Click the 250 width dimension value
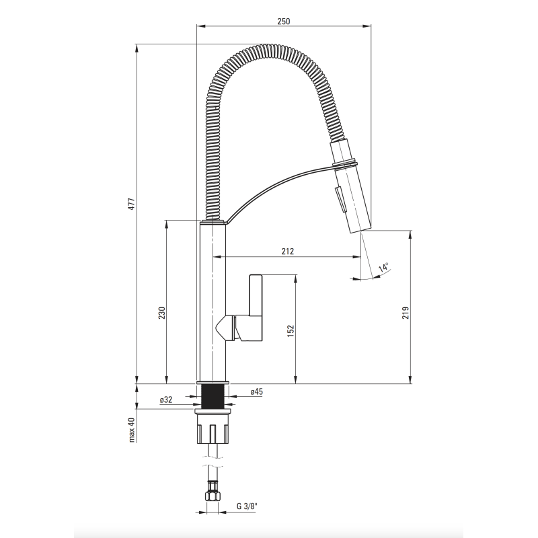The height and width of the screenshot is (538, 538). click(283, 22)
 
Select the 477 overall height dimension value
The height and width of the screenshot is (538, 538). click(132, 204)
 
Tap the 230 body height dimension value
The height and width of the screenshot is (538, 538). click(162, 313)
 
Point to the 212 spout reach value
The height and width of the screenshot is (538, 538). click(288, 251)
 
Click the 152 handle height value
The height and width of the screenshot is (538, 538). click(291, 331)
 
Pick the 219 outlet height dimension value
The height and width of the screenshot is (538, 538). click(406, 313)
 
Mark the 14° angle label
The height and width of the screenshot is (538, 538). click(384, 267)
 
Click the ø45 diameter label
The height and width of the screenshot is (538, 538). click(256, 391)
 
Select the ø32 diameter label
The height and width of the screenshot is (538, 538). click(166, 399)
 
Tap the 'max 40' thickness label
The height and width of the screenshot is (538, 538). click(132, 430)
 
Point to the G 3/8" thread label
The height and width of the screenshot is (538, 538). click(247, 506)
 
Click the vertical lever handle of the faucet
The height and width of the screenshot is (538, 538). click(256, 295)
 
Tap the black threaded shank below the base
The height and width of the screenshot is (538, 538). click(213, 396)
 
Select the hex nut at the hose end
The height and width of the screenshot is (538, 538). click(213, 496)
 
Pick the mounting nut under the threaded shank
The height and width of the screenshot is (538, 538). click(213, 426)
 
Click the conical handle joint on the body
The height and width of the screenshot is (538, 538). click(225, 328)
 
